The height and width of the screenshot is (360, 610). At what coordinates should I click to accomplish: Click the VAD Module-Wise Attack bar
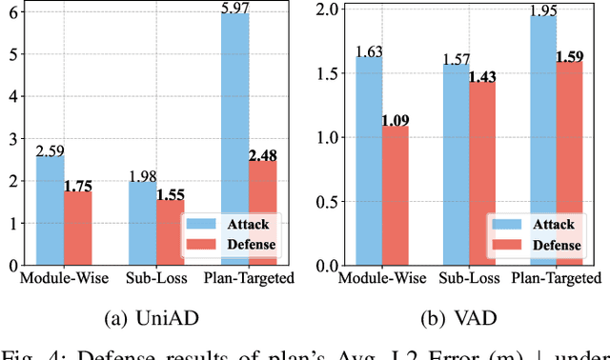(369, 161)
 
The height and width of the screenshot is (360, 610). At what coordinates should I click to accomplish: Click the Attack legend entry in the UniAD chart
(233, 225)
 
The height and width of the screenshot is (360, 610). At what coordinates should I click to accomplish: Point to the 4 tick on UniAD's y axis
(10, 96)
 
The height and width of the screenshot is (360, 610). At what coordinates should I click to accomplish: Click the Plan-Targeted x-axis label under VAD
(553, 278)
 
